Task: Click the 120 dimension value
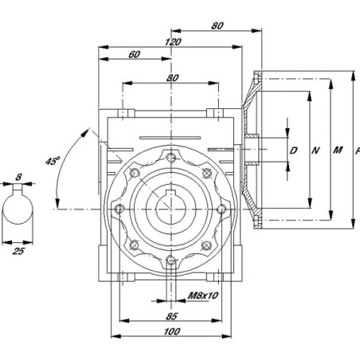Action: point(173,42)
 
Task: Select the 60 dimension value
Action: point(134,54)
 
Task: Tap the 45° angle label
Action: point(52,161)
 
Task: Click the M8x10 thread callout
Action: point(203,295)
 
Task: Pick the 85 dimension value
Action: point(171,316)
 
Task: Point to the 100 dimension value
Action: point(172,331)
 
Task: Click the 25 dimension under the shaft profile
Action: point(18,251)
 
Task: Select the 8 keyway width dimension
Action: point(18,177)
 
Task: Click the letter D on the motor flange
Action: point(293,151)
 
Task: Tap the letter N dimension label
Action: point(315,151)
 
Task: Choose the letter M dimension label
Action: point(338,151)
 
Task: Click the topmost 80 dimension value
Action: point(217,25)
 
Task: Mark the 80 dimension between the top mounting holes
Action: point(173,78)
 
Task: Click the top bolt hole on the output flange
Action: point(171,158)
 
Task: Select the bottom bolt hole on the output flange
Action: point(171,260)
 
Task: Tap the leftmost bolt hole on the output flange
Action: point(119,209)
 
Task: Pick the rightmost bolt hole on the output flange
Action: point(222,209)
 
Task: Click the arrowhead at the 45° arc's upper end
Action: point(85,132)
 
